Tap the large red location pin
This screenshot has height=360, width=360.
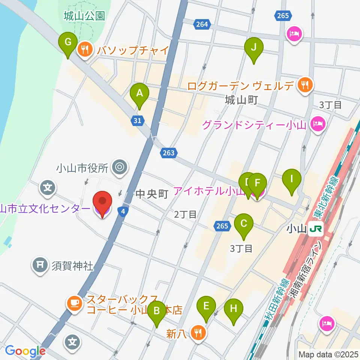102,204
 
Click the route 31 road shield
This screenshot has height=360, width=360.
137,120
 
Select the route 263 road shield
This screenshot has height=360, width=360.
168,153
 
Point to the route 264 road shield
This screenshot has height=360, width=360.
201,24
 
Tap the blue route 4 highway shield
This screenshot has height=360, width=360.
123,211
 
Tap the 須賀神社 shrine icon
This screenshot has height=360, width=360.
40,265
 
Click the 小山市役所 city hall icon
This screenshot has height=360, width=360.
120,166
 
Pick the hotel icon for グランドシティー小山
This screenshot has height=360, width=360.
318,125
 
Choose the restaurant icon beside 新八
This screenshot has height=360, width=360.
198,332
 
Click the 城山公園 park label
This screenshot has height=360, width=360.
84,16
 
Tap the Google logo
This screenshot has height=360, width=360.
25,351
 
